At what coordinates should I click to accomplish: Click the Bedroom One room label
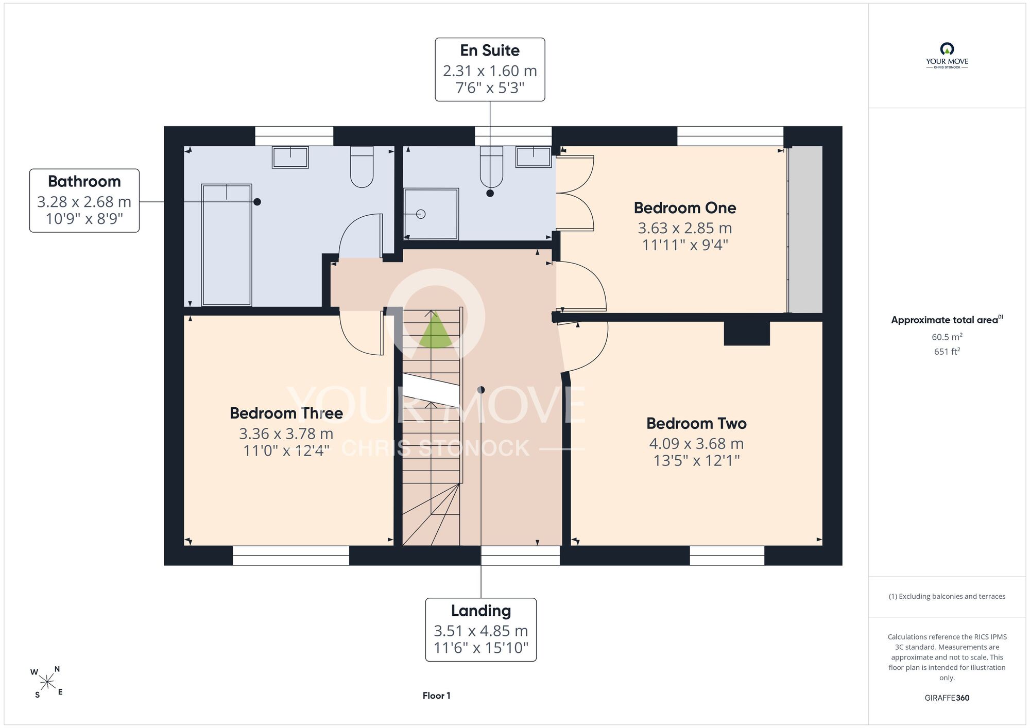pos(685,207)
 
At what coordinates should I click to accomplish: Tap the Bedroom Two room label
pos(696,423)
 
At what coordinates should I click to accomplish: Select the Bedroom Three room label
pos(286,413)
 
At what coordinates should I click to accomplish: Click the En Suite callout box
pos(490,70)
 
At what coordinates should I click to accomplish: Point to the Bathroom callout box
pos(84,200)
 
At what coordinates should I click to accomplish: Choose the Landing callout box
pos(481,629)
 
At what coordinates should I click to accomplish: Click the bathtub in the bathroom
pos(227,245)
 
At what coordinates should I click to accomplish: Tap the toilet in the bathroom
pos(362,167)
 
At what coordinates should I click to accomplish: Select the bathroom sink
pos(290,157)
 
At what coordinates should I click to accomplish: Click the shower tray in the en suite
pos(431,214)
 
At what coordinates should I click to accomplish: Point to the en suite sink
pos(534,157)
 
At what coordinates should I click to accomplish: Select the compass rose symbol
pos(47,683)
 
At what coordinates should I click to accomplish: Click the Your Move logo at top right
pos(947,56)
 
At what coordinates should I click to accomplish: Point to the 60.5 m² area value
pos(947,337)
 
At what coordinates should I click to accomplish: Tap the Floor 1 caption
pos(436,696)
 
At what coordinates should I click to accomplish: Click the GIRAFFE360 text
pos(947,698)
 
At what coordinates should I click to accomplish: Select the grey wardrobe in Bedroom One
pos(806,230)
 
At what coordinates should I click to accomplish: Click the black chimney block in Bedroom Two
pos(747,333)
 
